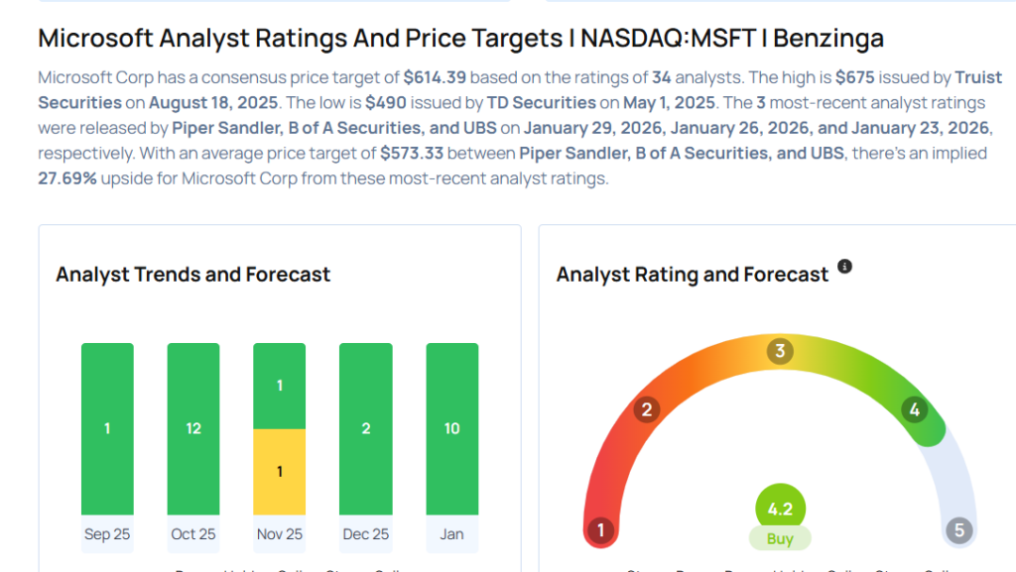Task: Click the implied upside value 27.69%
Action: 67,178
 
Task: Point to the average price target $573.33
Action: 413,153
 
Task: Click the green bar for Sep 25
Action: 107,428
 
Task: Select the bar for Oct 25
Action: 193,428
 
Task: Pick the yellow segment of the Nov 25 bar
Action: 280,471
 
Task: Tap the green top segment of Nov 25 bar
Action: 280,386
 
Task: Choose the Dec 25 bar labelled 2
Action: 365,428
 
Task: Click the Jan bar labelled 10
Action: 451,428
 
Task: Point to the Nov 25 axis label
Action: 280,534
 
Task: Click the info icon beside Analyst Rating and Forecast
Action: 844,267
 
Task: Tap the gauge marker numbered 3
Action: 780,351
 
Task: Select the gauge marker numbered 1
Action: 599,530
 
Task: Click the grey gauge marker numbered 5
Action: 958,530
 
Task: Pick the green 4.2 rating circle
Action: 780,509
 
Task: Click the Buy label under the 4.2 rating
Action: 780,539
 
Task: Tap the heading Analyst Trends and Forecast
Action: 193,275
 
